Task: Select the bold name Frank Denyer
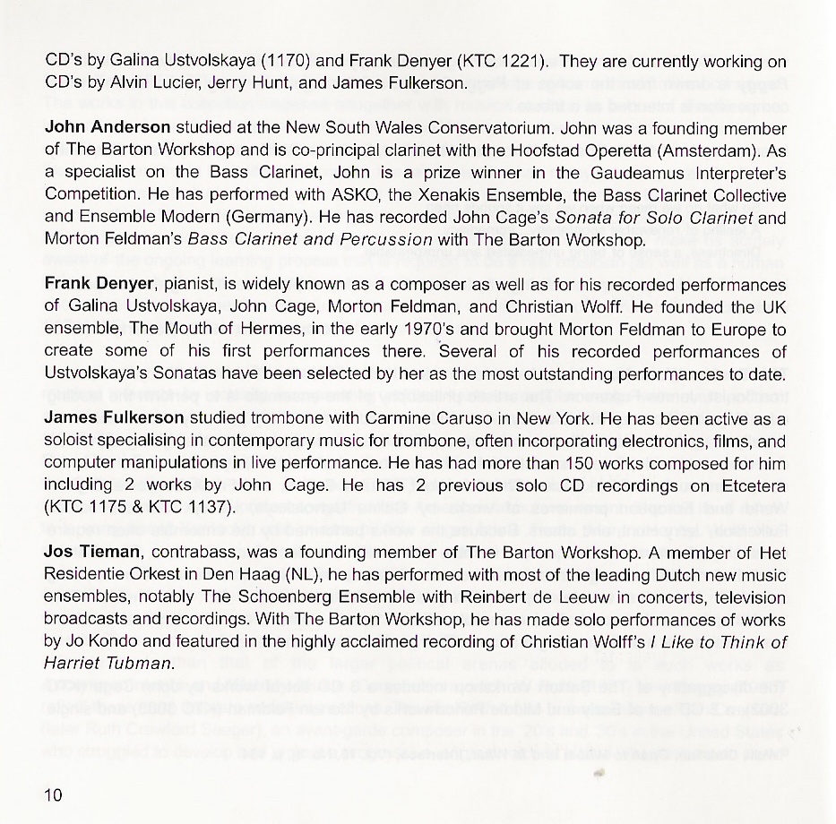[x=100, y=284]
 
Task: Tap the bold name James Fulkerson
[x=114, y=419]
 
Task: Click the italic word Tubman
[x=141, y=664]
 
